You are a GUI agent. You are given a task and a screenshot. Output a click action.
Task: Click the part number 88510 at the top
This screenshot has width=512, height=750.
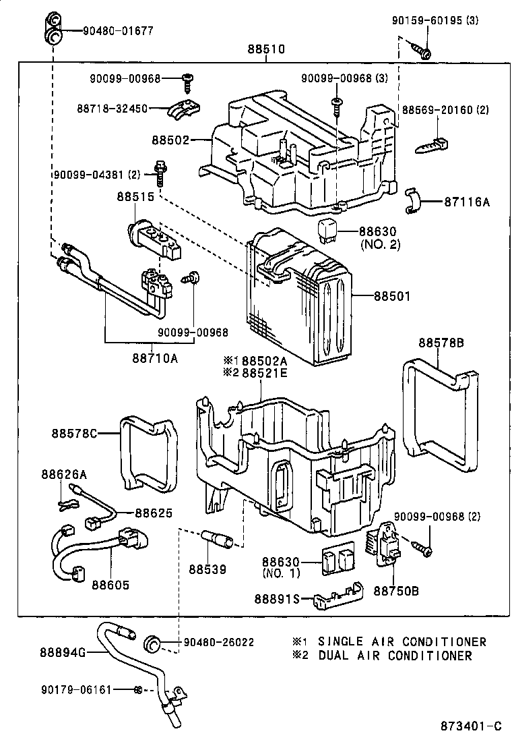click(x=266, y=49)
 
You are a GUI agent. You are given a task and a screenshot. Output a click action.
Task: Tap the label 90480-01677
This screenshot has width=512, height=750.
click(x=118, y=30)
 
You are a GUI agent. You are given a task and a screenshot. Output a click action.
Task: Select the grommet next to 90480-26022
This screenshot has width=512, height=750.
click(x=154, y=643)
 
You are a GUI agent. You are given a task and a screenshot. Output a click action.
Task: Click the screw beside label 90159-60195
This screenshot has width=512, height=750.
click(x=423, y=51)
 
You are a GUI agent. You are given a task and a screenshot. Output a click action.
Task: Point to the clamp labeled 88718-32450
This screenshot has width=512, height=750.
click(x=185, y=108)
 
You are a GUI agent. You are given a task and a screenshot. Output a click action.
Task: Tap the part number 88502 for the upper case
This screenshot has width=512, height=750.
click(x=171, y=140)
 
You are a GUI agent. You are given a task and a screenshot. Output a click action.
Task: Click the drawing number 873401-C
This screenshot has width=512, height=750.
click(x=471, y=726)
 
